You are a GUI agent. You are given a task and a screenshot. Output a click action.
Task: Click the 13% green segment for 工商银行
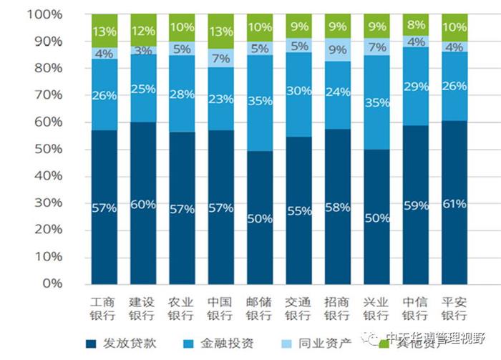coord(104,31)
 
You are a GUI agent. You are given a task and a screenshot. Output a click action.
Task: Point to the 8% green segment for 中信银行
coord(415,25)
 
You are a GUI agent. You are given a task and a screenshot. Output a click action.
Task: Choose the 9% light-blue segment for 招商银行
coord(337,50)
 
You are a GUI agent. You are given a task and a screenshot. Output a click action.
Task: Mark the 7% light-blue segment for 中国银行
coord(220,59)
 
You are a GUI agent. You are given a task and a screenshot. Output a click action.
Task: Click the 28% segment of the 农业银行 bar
coord(182,94)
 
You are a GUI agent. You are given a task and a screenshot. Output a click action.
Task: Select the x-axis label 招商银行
coord(337,308)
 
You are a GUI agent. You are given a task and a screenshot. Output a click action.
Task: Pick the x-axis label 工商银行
coord(104,308)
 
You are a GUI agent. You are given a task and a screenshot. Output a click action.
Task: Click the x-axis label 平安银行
coord(454,308)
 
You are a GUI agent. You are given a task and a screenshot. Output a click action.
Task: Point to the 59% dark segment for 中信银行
coord(415,205)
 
